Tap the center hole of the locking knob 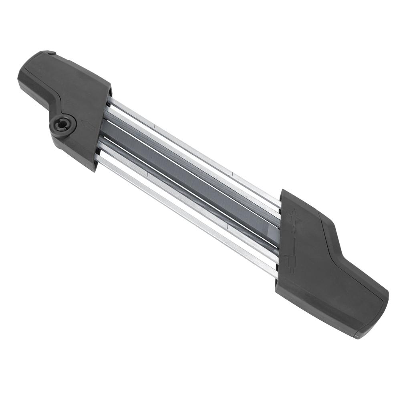click(x=62, y=125)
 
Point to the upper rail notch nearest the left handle click(x=154, y=127)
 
